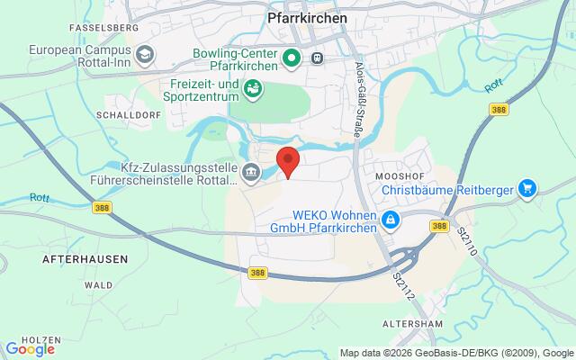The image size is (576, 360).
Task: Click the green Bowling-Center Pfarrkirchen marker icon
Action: (291, 58)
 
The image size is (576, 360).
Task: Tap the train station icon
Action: (317, 58)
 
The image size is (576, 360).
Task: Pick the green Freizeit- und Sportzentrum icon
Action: (254, 88)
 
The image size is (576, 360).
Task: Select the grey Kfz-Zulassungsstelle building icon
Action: (252, 171)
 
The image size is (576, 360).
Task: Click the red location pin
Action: (288, 162)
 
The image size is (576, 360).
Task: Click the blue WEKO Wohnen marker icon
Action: (391, 220)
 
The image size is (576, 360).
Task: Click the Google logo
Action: (30, 348)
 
